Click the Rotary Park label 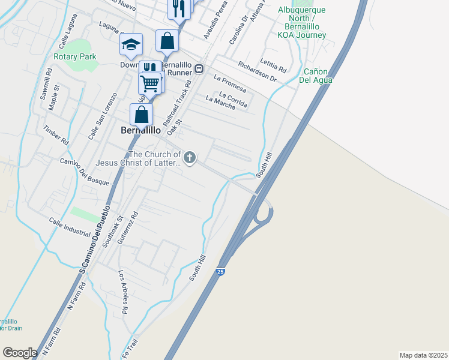74,56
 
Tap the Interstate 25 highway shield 221,272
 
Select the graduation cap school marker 131,45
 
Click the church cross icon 190,158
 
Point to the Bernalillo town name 141,130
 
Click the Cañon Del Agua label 316,76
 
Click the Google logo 20,352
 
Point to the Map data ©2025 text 423,355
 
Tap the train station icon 198,68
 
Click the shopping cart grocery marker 149,82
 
